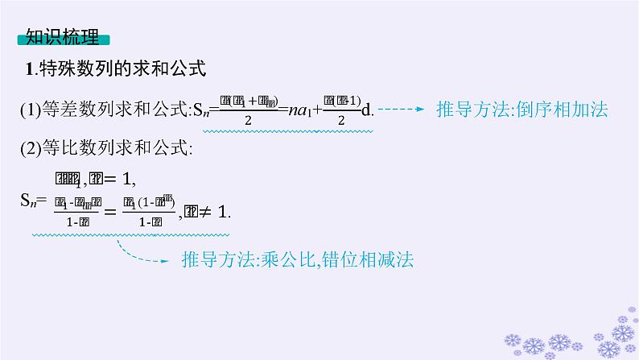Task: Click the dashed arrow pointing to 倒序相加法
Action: [x=402, y=109]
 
